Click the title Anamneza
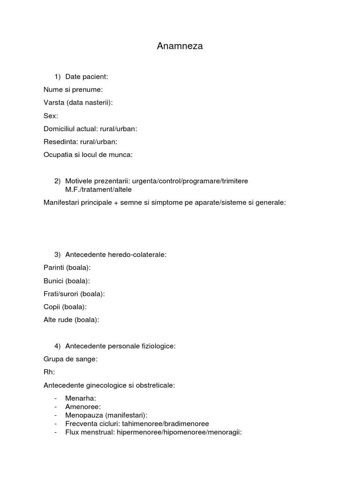click(x=180, y=46)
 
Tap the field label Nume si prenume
click(x=73, y=90)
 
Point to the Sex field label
click(x=51, y=116)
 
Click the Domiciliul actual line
click(x=90, y=129)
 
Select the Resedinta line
click(x=80, y=142)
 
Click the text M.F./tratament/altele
click(x=98, y=189)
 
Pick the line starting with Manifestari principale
click(x=164, y=202)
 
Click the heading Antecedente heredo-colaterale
click(x=116, y=255)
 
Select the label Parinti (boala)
click(x=67, y=268)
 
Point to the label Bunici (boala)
click(x=67, y=281)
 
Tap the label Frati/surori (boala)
click(x=74, y=294)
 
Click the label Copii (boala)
click(x=65, y=307)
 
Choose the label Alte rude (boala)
click(x=71, y=320)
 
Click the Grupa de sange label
click(x=70, y=359)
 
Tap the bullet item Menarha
click(x=80, y=398)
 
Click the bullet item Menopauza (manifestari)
click(x=106, y=415)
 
